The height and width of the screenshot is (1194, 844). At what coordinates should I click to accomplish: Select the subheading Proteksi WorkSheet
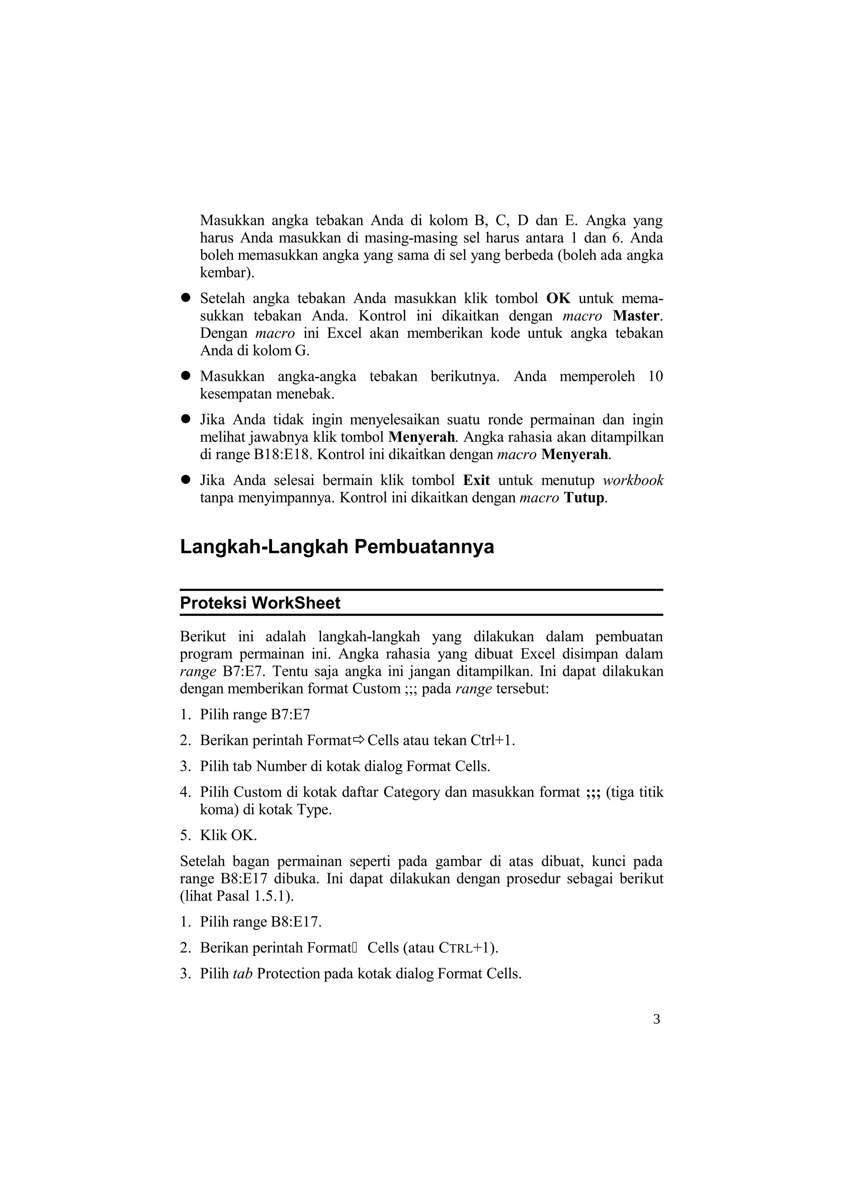(x=260, y=603)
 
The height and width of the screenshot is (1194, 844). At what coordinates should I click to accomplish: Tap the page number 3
(x=656, y=1019)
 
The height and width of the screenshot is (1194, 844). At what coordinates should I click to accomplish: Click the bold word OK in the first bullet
(x=558, y=298)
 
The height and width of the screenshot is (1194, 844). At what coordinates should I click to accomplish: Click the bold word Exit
(x=476, y=480)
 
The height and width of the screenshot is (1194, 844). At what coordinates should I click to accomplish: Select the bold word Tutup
(x=584, y=498)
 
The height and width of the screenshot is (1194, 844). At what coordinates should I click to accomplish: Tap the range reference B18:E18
(x=282, y=454)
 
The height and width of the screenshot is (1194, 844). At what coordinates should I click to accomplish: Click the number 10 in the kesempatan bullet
(x=655, y=377)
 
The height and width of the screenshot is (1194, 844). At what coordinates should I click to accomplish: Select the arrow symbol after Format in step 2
(x=359, y=740)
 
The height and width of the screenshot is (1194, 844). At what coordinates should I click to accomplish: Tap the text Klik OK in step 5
(x=228, y=836)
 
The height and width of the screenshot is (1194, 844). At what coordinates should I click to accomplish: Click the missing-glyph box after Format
(x=354, y=948)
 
